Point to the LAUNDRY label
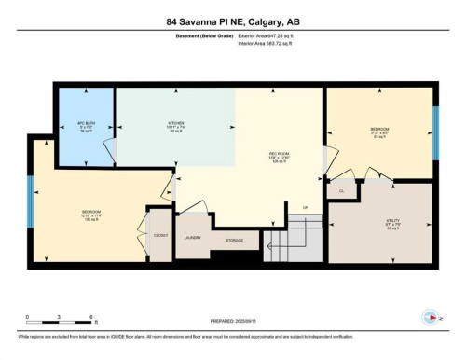[192, 239]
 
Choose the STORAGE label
[235, 240]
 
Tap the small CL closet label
[342, 190]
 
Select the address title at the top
[232, 21]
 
